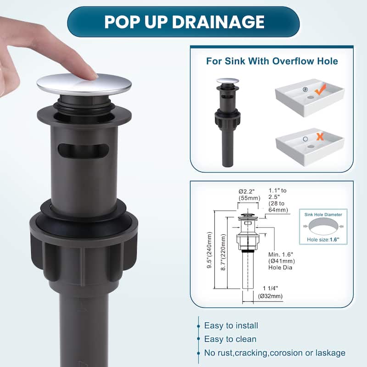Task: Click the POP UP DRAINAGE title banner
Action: tap(183, 22)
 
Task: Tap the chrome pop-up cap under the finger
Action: tap(84, 84)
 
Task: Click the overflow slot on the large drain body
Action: tap(83, 150)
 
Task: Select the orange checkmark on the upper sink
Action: tap(320, 90)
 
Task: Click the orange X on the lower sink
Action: tap(320, 137)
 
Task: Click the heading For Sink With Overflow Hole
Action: tap(272, 61)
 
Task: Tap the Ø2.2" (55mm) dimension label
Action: tap(249, 195)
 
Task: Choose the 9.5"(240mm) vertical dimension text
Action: tap(210, 250)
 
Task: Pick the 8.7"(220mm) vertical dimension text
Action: tap(223, 252)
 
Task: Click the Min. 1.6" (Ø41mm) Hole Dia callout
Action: tap(282, 261)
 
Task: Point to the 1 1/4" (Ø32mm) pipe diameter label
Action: tap(270, 292)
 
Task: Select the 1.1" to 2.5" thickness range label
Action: tap(278, 200)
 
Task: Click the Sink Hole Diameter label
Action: tap(323, 215)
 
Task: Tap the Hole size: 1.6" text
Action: tap(323, 239)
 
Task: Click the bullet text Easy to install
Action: tap(231, 326)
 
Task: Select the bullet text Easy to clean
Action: tap(230, 339)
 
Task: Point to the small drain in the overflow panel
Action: tap(228, 122)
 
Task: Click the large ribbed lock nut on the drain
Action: tap(83, 248)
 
